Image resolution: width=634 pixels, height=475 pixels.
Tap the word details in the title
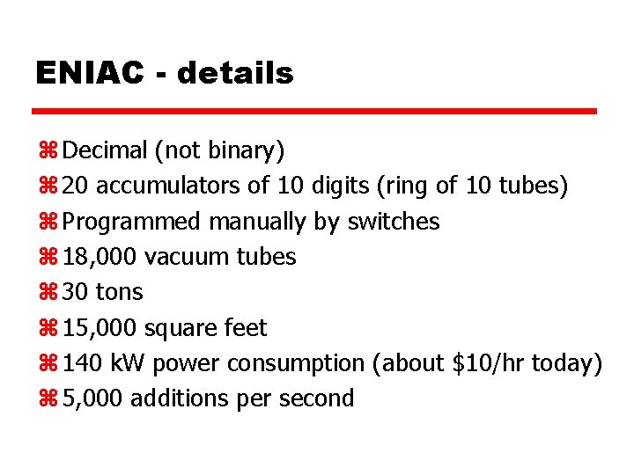(x=235, y=73)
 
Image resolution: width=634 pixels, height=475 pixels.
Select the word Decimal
(x=106, y=151)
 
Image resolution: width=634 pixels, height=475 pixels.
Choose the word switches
(x=394, y=222)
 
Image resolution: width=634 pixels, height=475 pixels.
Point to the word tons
(x=119, y=292)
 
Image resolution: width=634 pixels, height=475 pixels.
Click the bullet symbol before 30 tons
(x=48, y=292)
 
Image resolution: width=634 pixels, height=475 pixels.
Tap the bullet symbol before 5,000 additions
(x=48, y=398)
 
